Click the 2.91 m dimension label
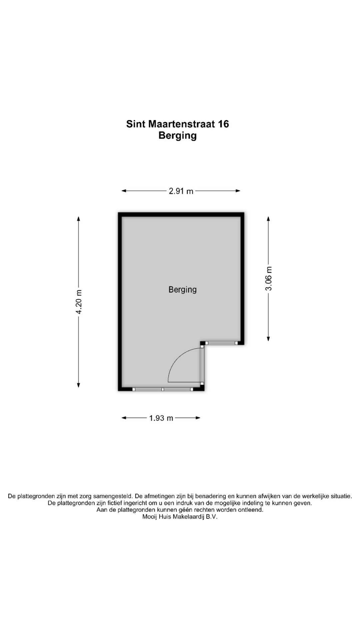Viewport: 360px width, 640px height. click(181, 191)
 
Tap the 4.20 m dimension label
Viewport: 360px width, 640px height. click(79, 302)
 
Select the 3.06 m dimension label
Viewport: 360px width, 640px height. click(269, 279)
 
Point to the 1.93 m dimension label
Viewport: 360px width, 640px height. click(161, 418)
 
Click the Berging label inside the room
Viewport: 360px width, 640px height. click(183, 290)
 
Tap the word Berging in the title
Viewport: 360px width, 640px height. click(178, 136)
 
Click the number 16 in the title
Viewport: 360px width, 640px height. click(223, 124)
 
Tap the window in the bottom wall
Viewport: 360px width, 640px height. click(162, 389)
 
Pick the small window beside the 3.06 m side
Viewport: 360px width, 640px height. click(221, 343)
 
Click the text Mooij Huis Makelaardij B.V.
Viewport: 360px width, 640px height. click(180, 517)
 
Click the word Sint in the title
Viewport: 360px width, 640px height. click(136, 124)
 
